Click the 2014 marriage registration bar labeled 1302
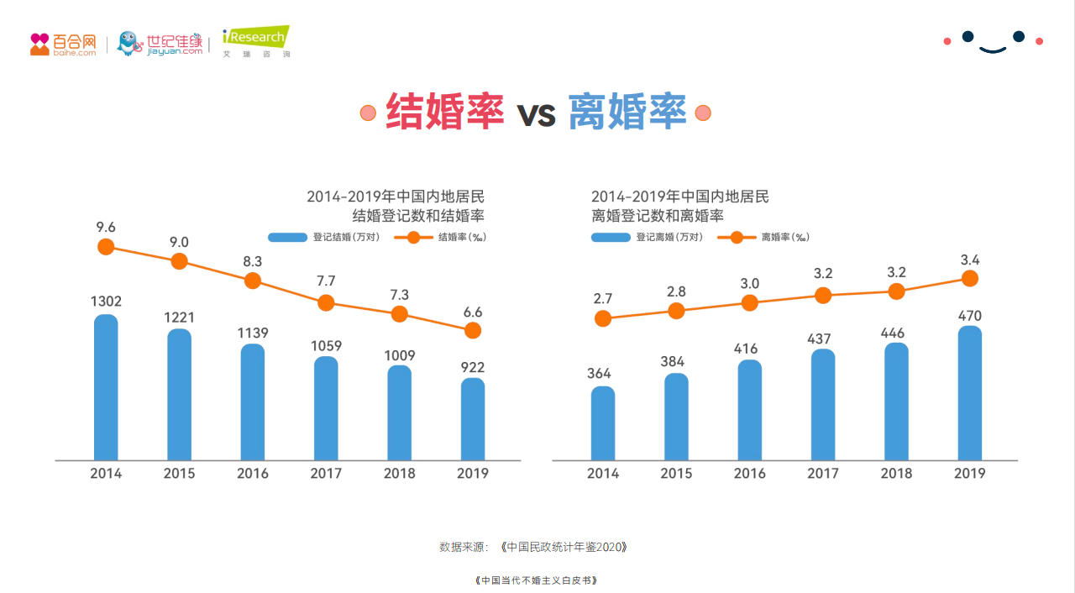106,388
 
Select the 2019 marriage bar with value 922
473,419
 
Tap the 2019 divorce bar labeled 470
970,393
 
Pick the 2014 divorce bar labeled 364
603,423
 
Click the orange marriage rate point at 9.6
106,246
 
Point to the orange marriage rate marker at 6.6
473,331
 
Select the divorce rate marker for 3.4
970,278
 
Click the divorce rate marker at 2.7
603,318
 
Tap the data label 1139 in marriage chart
253,333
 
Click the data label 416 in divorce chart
750,349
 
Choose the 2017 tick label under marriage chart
326,474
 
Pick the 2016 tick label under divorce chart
750,474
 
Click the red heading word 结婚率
444,113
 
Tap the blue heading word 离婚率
627,113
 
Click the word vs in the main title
536,114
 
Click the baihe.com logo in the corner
63,45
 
